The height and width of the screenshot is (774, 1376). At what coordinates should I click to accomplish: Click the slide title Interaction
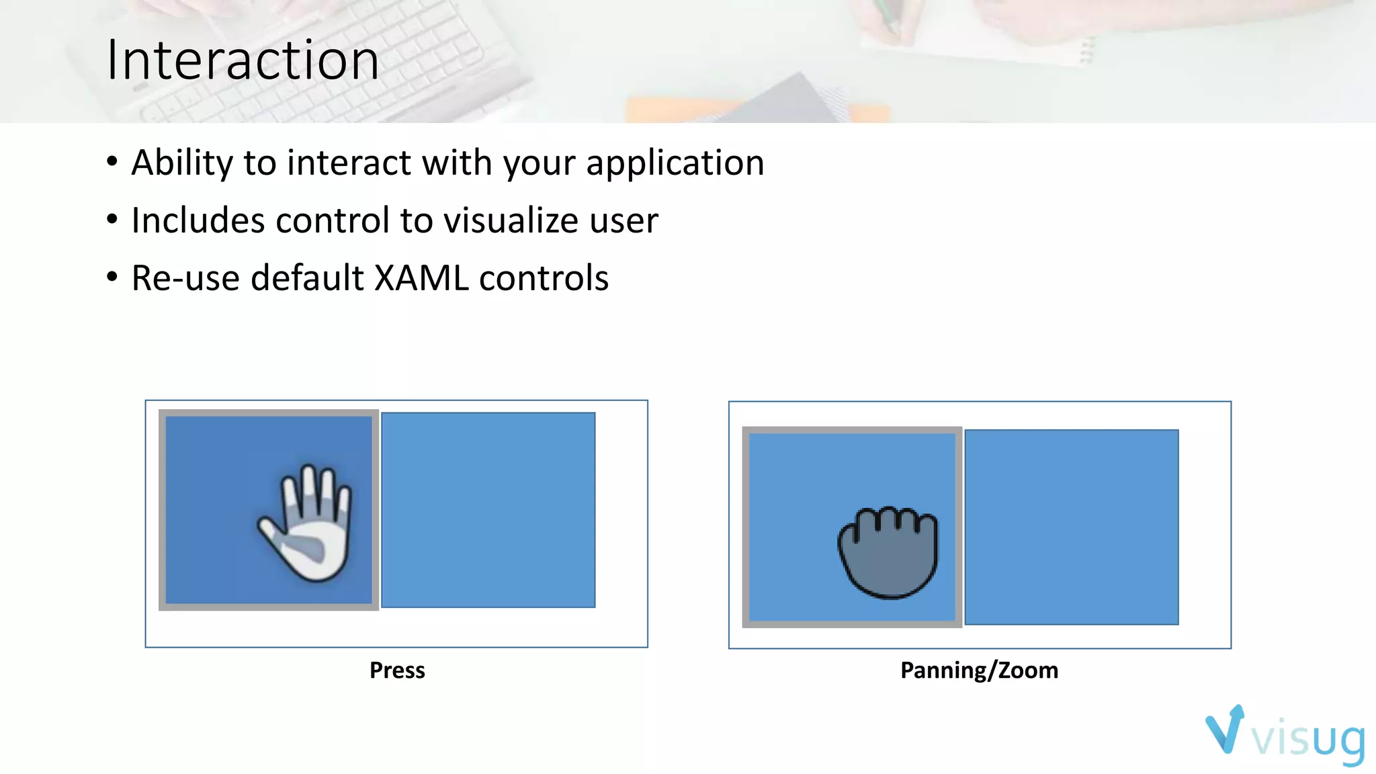click(x=243, y=60)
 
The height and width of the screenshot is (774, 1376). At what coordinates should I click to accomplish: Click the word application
click(x=675, y=163)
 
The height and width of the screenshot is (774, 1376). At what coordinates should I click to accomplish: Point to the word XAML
click(x=421, y=278)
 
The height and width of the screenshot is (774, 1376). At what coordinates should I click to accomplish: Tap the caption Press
click(x=397, y=671)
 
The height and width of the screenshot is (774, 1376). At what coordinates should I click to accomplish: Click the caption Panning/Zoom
click(x=979, y=671)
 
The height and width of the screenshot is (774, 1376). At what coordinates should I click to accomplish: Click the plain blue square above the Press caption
click(x=488, y=510)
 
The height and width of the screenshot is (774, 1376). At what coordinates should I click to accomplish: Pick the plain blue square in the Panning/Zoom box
click(x=1072, y=527)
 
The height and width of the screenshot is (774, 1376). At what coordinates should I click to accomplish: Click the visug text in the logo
click(x=1308, y=739)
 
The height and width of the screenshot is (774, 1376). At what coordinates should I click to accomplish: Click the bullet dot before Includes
click(x=112, y=219)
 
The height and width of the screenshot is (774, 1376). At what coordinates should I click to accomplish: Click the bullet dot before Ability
click(x=112, y=161)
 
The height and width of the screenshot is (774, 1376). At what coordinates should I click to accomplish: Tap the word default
click(x=307, y=278)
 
